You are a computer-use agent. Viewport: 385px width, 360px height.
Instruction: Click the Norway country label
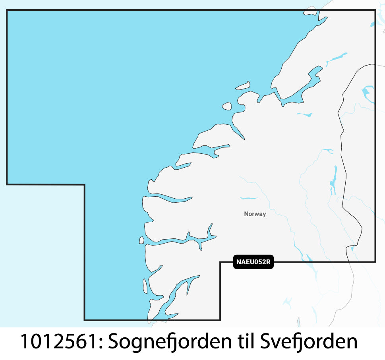(255, 214)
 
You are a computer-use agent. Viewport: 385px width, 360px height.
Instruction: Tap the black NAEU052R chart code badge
(253, 262)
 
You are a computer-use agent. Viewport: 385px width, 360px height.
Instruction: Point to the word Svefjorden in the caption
(309, 342)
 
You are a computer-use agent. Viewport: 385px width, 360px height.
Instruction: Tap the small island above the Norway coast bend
(227, 106)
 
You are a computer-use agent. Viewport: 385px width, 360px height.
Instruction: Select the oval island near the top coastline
(243, 85)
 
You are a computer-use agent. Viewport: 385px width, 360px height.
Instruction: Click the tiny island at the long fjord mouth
(141, 240)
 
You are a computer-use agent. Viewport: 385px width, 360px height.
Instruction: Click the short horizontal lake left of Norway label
(249, 198)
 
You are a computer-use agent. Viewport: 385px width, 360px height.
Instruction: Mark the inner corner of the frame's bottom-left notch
(85, 184)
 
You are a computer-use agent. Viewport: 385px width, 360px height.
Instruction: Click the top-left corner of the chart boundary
(7, 10)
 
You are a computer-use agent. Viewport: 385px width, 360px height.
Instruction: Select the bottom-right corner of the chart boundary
(375, 261)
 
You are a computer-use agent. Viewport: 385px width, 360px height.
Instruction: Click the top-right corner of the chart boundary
(375, 10)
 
